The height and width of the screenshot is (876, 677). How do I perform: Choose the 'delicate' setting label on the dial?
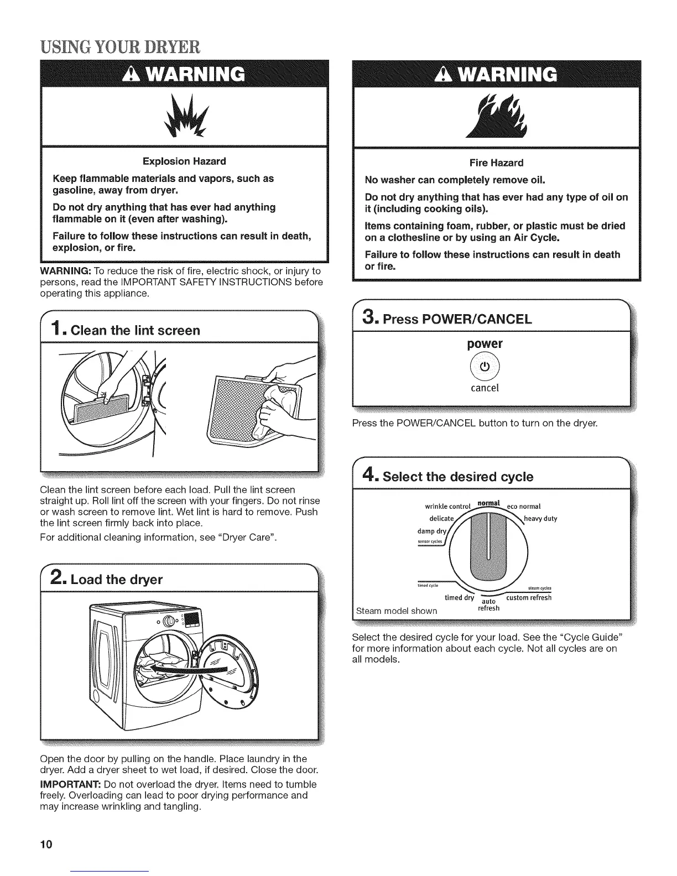coord(441,519)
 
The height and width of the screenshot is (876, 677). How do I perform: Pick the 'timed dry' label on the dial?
coord(460,598)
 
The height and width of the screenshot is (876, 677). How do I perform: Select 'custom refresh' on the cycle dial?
coord(529,598)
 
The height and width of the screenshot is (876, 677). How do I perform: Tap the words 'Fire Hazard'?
coord(496,163)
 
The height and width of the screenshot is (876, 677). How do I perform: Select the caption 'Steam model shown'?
coord(397,611)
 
